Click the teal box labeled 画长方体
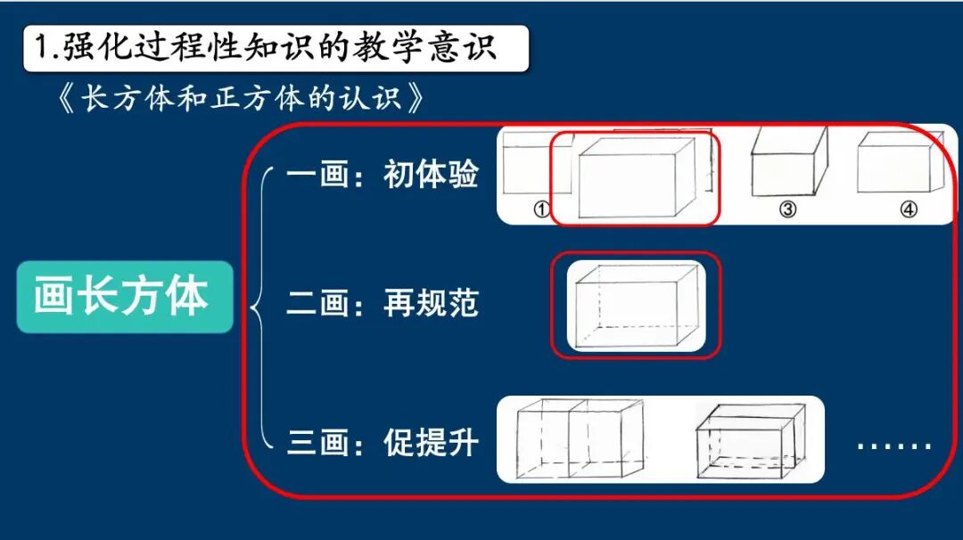124,297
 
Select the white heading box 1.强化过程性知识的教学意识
276,48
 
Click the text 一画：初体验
383,174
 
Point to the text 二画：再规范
383,303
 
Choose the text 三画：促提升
383,441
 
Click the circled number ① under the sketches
539,210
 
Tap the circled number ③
787,210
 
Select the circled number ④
908,210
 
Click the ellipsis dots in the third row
894,446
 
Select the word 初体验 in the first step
432,174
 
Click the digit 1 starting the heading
41,48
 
